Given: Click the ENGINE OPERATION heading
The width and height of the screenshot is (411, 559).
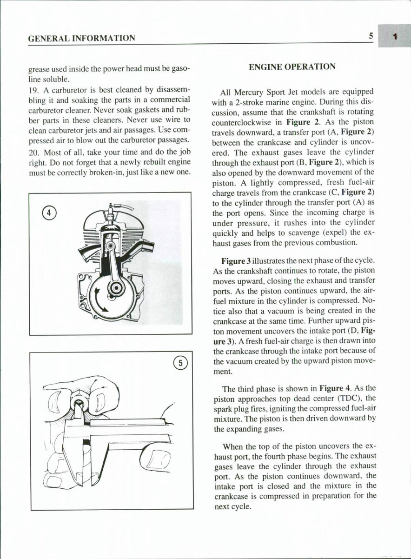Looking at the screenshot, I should tap(292, 67).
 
